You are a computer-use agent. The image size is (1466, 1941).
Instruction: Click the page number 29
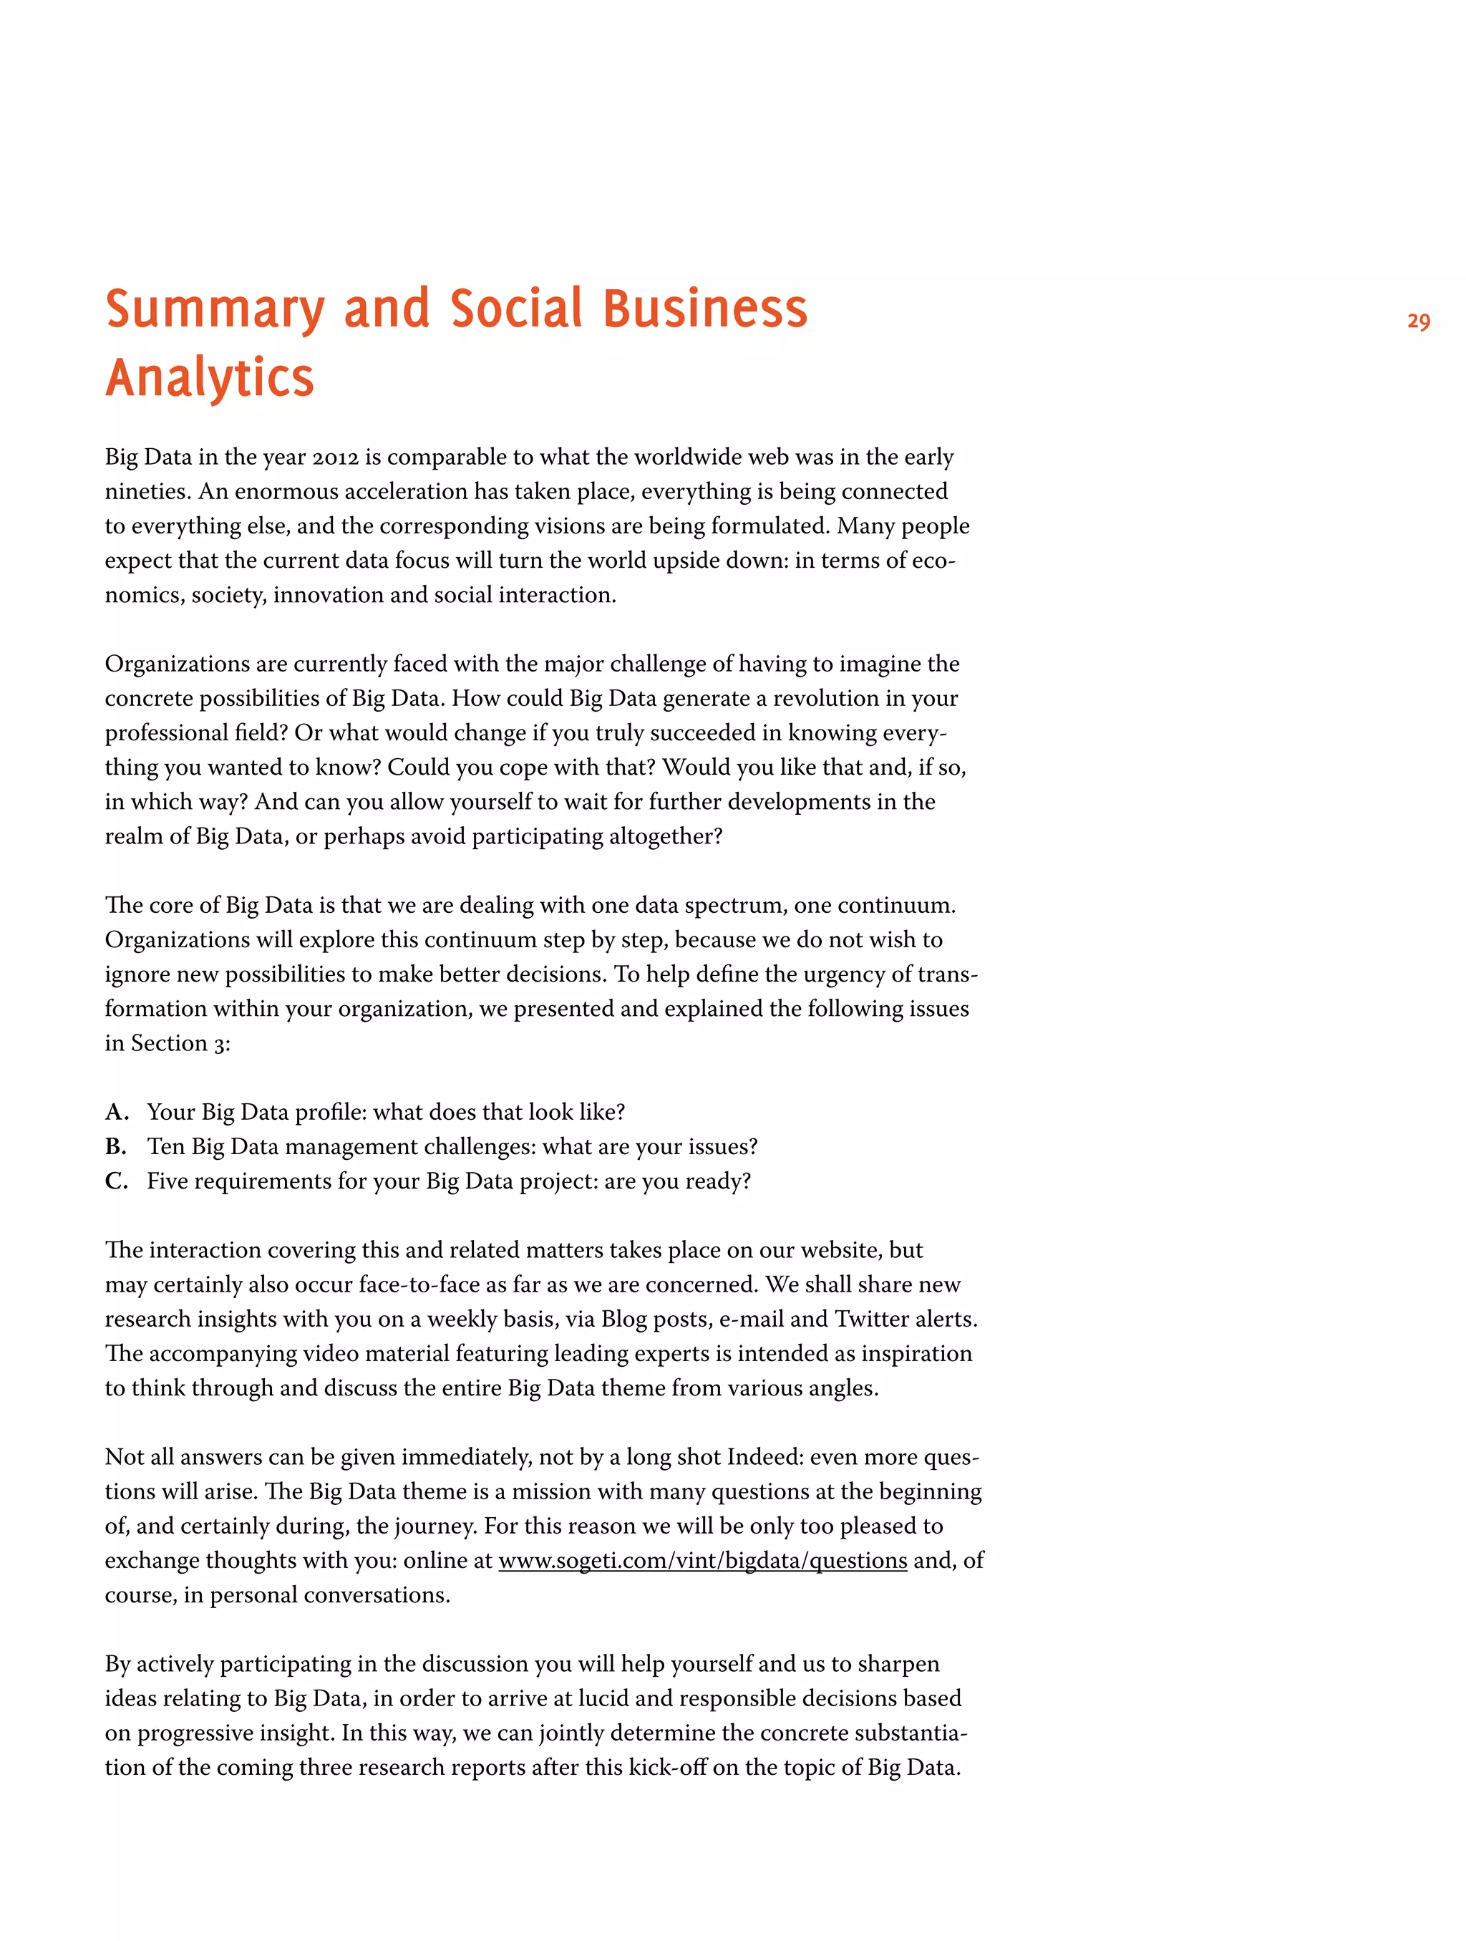tap(1418, 322)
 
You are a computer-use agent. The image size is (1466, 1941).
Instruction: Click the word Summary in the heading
tap(215, 310)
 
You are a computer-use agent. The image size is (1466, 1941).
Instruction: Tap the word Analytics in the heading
tap(210, 378)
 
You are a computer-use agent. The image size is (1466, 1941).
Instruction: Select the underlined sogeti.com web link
tap(702, 1560)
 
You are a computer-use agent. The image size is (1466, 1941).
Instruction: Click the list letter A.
tap(116, 1112)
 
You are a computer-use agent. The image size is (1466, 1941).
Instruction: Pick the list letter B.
tap(116, 1146)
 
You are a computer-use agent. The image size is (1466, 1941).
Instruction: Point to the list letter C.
tap(116, 1181)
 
